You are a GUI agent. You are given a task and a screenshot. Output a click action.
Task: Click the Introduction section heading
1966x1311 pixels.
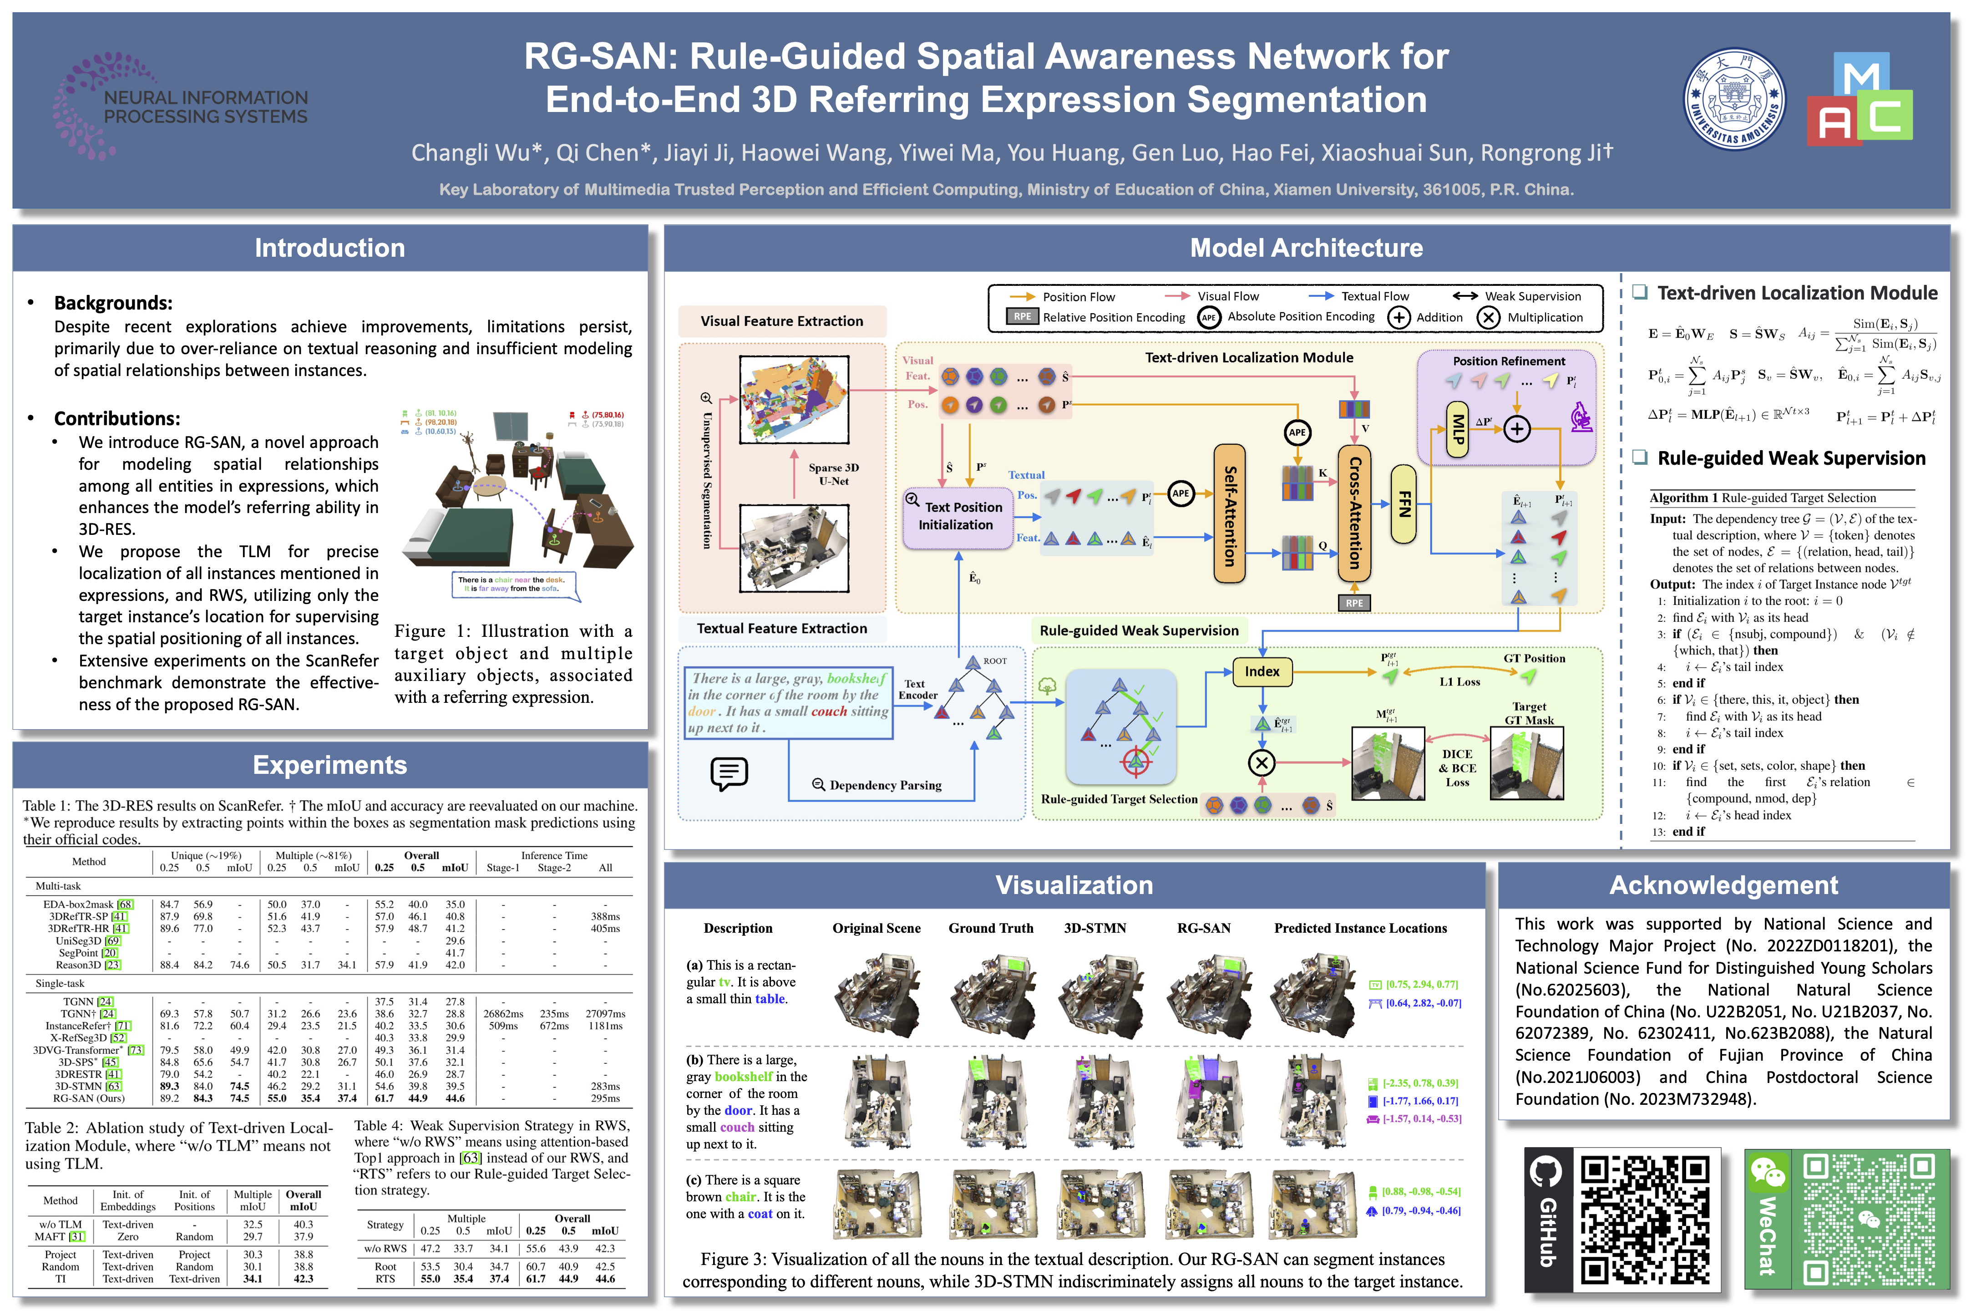329,249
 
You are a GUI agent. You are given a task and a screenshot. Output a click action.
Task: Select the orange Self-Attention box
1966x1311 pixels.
1229,513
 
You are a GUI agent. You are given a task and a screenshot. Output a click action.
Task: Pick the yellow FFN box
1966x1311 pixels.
1404,504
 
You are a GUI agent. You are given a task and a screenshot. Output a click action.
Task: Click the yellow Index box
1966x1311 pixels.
1262,671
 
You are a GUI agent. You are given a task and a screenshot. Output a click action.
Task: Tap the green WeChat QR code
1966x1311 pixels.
1867,1219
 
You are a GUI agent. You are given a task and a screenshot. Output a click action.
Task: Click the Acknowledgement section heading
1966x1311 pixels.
1723,885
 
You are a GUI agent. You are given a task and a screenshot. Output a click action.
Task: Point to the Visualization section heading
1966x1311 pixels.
1074,885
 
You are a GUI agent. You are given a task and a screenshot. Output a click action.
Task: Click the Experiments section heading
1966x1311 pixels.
329,765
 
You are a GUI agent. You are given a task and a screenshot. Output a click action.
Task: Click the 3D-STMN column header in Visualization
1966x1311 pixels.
1095,928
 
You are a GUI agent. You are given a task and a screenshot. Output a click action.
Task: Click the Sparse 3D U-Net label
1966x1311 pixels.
833,474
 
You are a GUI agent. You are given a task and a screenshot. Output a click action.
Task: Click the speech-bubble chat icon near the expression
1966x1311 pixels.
729,773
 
